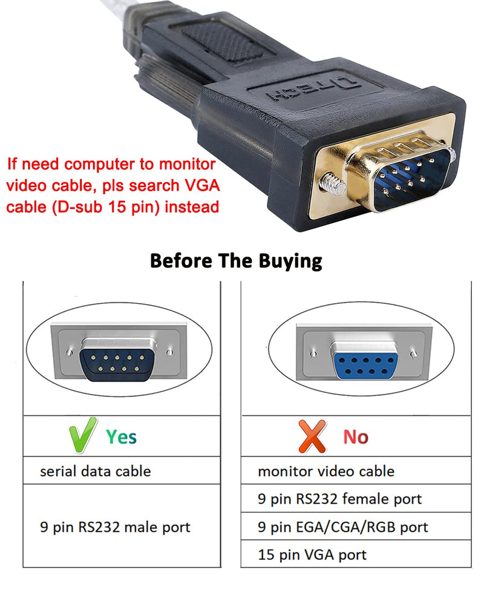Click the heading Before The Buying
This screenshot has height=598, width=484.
point(236,261)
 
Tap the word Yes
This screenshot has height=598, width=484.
point(122,436)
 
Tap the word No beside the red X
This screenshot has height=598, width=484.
point(356,436)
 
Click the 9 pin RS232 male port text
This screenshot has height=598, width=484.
point(115,527)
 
